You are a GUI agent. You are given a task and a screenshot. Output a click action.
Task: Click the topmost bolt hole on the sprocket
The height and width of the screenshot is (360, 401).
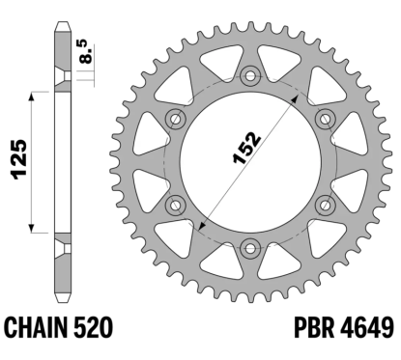pos(247,75)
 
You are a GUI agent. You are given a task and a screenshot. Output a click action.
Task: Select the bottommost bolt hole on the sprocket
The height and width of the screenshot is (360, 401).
pos(247,243)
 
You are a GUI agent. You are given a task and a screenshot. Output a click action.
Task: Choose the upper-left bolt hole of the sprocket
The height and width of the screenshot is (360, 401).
pos(175,118)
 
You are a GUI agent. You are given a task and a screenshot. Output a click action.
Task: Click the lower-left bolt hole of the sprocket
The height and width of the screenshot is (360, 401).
pos(175,202)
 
